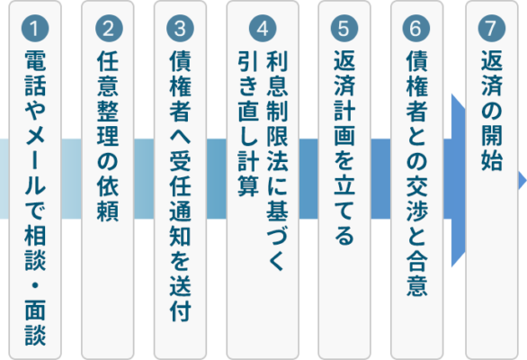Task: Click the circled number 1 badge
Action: tap(35, 28)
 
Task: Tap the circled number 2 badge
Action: tap(109, 28)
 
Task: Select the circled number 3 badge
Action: tap(180, 28)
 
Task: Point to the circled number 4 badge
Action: tap(263, 28)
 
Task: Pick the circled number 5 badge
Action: tap(344, 28)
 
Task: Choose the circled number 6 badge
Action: tap(416, 28)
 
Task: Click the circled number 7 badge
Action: tap(492, 28)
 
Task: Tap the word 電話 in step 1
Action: tap(35, 73)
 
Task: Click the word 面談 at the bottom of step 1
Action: tap(35, 322)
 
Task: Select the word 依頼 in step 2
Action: tap(108, 199)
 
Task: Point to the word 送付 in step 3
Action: tap(181, 298)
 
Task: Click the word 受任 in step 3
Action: tap(181, 174)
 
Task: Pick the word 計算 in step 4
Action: tap(248, 174)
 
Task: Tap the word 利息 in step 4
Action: tap(277, 73)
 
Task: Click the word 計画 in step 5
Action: tap(344, 123)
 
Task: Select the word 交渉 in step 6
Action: tap(416, 199)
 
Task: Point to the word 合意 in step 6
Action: tap(416, 274)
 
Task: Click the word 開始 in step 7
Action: tap(492, 148)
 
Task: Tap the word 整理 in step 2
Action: tap(108, 123)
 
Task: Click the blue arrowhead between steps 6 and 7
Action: tap(458, 180)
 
